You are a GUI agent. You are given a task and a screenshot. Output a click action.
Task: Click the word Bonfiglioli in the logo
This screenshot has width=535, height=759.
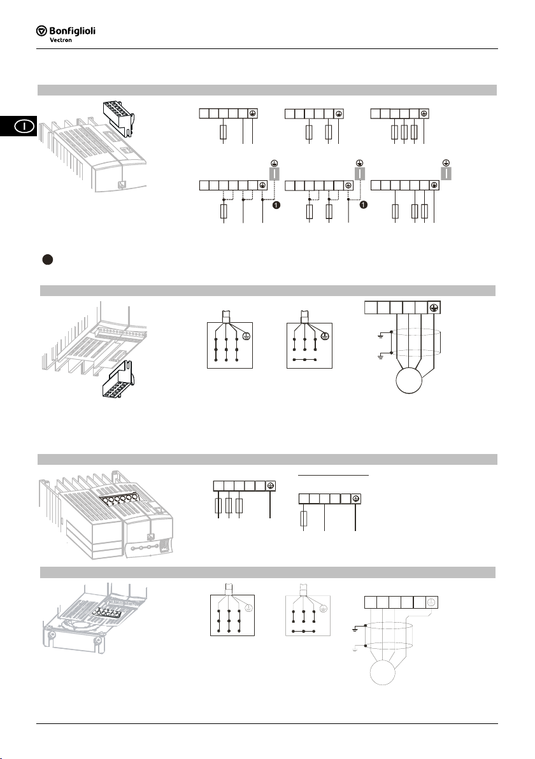pos(72,31)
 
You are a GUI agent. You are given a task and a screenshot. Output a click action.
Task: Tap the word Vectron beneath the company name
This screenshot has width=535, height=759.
pos(61,40)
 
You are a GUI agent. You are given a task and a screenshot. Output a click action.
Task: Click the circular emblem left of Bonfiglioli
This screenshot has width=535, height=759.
pos(41,31)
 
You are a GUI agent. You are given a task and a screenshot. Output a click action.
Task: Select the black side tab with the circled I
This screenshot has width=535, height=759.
pos(18,126)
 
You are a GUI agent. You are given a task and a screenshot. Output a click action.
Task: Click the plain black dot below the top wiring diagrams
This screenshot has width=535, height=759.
pos(47,259)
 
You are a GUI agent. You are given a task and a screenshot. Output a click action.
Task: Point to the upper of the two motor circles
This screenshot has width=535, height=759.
pos(409,381)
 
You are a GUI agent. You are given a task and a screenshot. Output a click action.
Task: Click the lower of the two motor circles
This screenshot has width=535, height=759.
pos(383,672)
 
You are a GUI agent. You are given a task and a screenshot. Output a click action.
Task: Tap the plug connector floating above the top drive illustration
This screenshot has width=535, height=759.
pos(118,117)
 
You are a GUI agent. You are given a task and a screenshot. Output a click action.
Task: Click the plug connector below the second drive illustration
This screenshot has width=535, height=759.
pos(118,379)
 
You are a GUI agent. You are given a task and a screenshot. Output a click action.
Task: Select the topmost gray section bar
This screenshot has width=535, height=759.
pos(267,90)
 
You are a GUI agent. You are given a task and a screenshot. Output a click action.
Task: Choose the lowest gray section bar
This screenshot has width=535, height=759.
pos(267,572)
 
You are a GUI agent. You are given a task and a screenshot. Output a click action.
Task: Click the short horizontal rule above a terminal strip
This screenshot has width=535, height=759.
pos(333,476)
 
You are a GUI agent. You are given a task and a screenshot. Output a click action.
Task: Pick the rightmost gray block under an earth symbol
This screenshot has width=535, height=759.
pos(446,173)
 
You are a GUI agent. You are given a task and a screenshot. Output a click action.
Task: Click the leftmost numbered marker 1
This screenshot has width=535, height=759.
pos(276,205)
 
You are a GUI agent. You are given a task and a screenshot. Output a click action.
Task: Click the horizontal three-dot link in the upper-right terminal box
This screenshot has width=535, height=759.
pos(304,360)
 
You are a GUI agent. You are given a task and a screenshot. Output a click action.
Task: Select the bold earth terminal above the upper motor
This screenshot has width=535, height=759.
pos(434,308)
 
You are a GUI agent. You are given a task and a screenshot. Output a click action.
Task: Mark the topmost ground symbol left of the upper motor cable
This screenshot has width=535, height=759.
pos(380,335)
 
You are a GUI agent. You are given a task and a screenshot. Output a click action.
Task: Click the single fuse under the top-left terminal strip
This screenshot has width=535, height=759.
pos(223,132)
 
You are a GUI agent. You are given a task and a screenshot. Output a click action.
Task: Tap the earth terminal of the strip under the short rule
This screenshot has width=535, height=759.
pos(355,499)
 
